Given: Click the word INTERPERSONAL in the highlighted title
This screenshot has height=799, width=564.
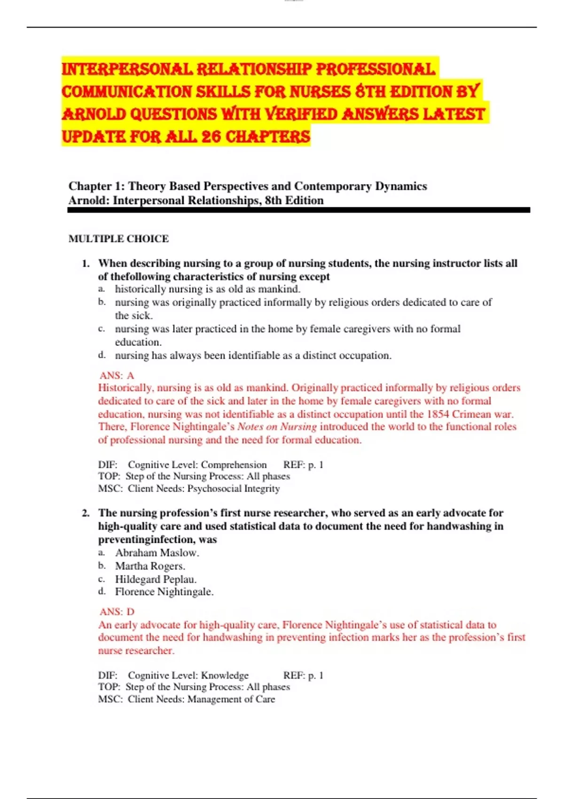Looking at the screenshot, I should [127, 70].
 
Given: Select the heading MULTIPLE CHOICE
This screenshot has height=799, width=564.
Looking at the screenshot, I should [118, 239].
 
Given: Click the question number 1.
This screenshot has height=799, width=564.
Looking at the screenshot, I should [86, 264].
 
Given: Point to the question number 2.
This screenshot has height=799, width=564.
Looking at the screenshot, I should [86, 513].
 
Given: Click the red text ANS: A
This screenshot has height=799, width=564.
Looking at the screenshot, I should [117, 376].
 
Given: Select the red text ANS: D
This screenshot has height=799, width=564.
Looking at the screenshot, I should [117, 612].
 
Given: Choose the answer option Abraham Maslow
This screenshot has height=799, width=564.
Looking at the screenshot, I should [157, 553].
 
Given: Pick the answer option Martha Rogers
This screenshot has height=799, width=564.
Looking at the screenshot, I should [150, 566].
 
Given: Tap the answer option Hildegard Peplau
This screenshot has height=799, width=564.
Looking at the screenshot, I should [156, 579].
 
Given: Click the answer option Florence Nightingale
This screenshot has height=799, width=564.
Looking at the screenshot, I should [164, 592].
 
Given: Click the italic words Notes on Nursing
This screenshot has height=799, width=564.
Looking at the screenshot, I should [277, 427].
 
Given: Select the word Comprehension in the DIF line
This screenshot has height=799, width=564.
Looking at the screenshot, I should [234, 465].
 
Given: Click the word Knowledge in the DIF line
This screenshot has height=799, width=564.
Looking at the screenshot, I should [225, 675].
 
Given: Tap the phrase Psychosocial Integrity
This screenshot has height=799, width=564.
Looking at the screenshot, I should [234, 489].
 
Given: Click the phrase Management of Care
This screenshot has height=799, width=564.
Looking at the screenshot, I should [231, 699].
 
